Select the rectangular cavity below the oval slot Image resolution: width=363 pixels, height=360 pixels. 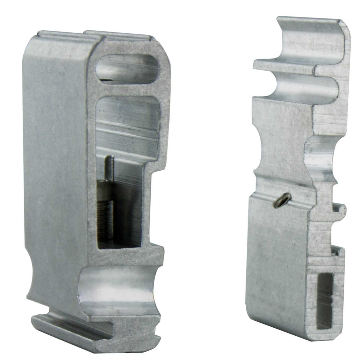pyautogui.click(x=129, y=125)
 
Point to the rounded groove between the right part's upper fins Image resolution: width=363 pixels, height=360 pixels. pyautogui.click(x=305, y=85)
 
